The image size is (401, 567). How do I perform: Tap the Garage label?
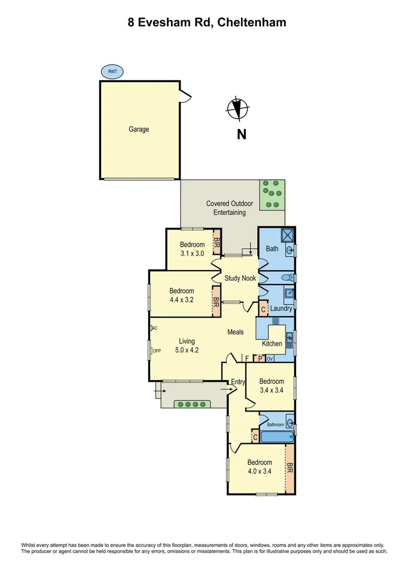click(x=139, y=129)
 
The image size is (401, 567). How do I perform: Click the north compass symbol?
click(x=237, y=109)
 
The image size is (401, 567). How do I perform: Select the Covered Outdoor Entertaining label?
click(x=229, y=208)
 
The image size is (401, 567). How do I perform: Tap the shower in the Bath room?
click(x=287, y=235)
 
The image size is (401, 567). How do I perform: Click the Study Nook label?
click(x=240, y=278)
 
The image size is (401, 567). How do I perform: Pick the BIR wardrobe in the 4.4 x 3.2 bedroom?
click(x=215, y=301)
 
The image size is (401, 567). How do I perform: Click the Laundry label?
click(x=281, y=309)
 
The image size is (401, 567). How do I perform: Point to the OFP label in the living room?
click(x=156, y=351)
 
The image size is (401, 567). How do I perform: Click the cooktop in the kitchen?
click(x=275, y=321)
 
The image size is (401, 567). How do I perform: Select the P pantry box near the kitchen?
click(x=259, y=359)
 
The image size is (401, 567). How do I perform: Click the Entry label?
click(x=238, y=382)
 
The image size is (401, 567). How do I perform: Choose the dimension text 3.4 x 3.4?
click(x=271, y=390)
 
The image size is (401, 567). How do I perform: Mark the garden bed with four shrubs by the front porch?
click(x=186, y=404)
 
